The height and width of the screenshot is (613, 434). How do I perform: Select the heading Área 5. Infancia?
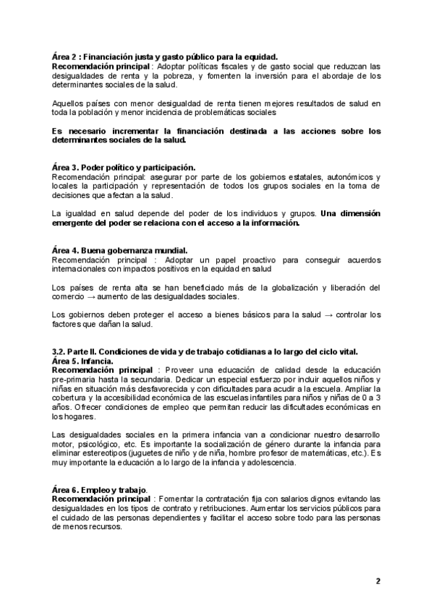(x=82, y=361)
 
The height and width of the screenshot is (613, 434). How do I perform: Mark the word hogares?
(x=80, y=416)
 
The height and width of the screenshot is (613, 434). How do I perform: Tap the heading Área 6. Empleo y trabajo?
(x=101, y=489)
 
